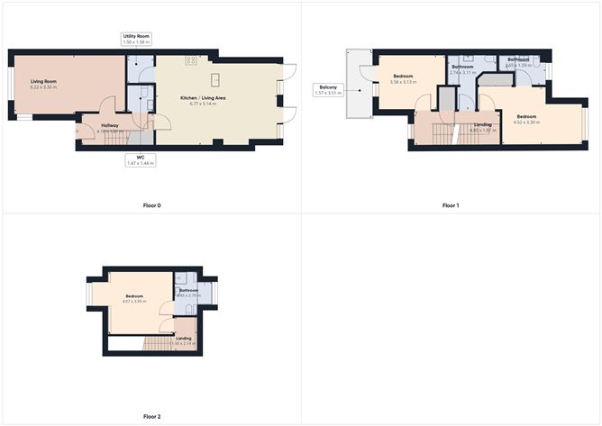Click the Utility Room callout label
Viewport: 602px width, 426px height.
[x=137, y=39]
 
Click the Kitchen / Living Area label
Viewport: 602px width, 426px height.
[x=204, y=102]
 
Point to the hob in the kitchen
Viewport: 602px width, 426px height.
[x=191, y=60]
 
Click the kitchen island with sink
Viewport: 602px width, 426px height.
[x=216, y=79]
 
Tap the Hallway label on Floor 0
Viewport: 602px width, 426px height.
[x=110, y=127]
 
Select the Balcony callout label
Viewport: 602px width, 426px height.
[x=326, y=90]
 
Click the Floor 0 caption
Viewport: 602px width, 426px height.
[x=151, y=205]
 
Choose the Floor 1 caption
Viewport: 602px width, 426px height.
[x=451, y=205]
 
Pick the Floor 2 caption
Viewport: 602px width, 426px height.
[x=151, y=417]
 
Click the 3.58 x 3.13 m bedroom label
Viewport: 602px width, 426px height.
[x=403, y=79]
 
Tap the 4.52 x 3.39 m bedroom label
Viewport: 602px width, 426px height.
[x=526, y=118]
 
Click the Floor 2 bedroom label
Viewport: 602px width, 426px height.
[x=133, y=298]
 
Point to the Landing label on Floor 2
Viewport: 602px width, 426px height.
[x=183, y=340]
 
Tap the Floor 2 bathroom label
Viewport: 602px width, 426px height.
[x=188, y=293]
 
